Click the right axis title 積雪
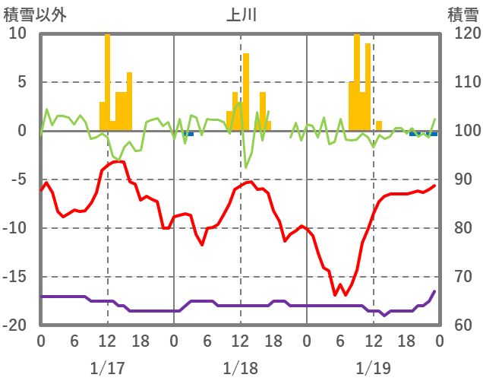[x=462, y=14]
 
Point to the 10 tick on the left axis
[x=17, y=33]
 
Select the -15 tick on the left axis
[x=14, y=277]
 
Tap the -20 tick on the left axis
[x=14, y=325]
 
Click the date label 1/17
[x=107, y=368]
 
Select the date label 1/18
[x=240, y=368]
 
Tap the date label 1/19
[x=373, y=368]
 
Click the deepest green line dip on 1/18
[x=246, y=167]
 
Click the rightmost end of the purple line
[x=434, y=291]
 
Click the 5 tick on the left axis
[x=21, y=82]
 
